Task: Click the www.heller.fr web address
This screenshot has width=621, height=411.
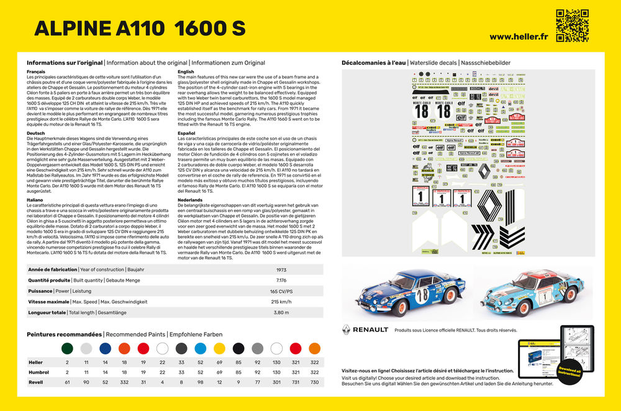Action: coord(519,36)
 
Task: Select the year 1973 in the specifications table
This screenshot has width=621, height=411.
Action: coord(281,270)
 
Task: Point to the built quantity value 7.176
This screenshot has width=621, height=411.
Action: coord(281,280)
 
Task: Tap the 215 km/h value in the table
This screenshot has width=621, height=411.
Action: coord(281,301)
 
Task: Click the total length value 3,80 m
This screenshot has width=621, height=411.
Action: coord(281,312)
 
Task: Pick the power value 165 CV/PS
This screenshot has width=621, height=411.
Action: coord(281,290)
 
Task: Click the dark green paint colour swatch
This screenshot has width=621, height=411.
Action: coord(67,348)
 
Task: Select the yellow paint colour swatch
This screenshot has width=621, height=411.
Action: coord(219,348)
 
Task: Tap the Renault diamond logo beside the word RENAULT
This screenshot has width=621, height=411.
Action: coord(345,330)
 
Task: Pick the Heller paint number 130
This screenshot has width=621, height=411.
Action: coord(276,362)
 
